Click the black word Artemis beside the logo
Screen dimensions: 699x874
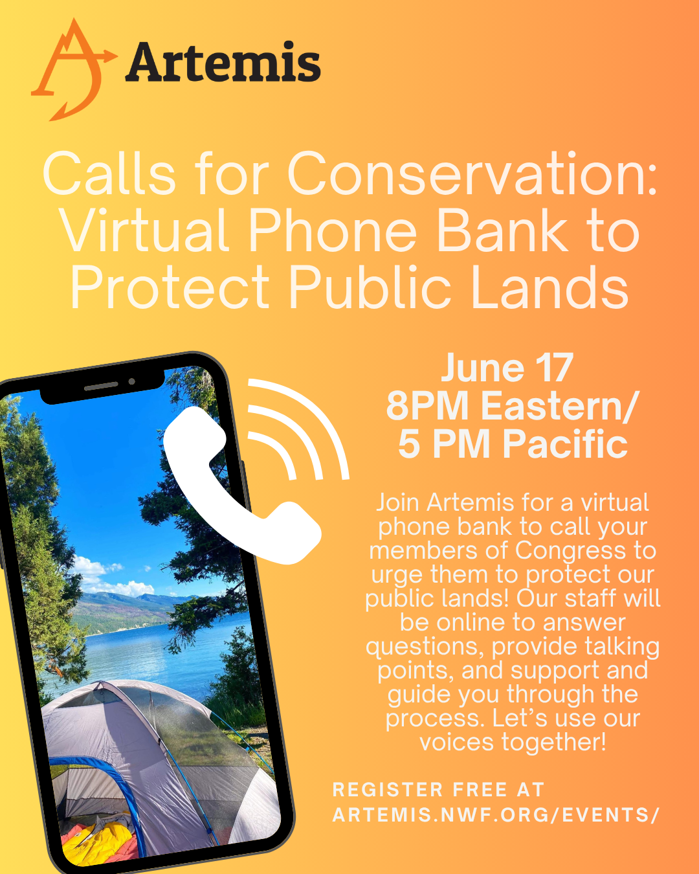[223, 62]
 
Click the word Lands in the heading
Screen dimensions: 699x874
[549, 286]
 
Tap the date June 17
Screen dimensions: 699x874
[507, 368]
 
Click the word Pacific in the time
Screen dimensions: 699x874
[566, 443]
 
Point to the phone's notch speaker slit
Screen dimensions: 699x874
[101, 387]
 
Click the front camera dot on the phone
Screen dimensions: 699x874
[131, 381]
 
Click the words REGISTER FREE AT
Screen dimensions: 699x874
[438, 790]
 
